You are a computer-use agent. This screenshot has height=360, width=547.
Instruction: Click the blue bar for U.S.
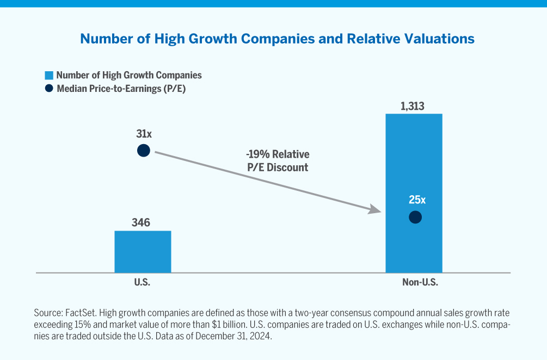143,251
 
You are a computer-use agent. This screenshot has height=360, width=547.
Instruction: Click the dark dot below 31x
143,151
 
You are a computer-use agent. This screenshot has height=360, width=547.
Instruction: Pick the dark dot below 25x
415,217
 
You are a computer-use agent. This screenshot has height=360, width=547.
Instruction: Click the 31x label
143,133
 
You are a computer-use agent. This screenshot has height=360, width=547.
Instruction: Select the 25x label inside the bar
417,200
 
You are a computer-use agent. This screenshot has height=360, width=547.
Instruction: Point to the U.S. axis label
142,283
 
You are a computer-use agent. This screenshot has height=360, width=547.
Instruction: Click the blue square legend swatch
48,76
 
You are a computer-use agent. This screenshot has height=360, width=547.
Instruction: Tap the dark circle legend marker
48,89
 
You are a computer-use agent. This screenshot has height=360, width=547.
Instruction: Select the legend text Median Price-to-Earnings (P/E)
121,89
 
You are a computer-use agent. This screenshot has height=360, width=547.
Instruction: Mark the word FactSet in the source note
78,314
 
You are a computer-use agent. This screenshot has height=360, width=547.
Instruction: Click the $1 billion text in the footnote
228,325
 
